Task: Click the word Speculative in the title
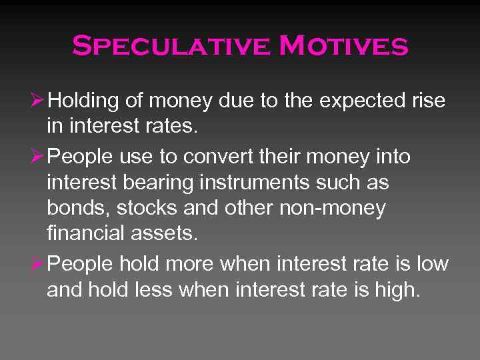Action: pyautogui.click(x=171, y=47)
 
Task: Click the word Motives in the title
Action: pyautogui.click(x=343, y=47)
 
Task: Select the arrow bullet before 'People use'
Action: pyautogui.click(x=39, y=157)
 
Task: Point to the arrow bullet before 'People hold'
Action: pyautogui.click(x=39, y=263)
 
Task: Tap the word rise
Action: pyautogui.click(x=427, y=101)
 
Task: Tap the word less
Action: pyautogui.click(x=177, y=290)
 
